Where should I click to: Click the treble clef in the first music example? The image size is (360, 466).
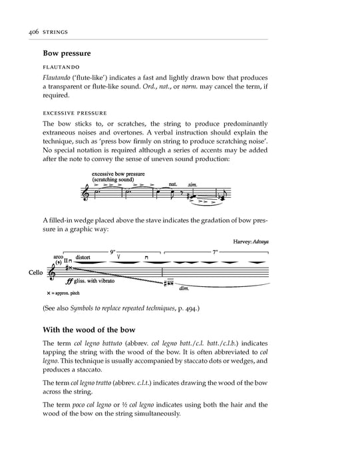[x=85, y=192]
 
